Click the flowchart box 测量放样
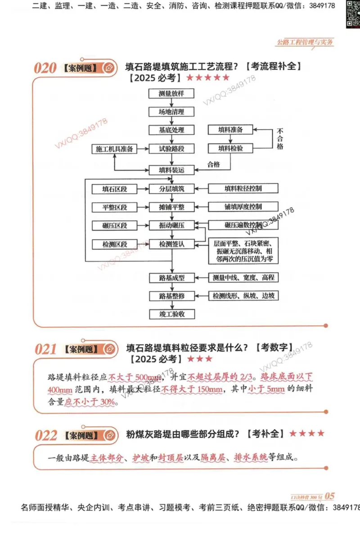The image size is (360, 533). coord(171,94)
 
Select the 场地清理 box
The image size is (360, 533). coord(171,112)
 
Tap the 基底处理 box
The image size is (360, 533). coord(171,130)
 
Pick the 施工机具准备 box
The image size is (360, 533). coord(114,149)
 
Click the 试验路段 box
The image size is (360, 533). coord(171,149)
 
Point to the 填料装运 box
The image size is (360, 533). coord(171,170)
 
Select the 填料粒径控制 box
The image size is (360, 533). coord(243,189)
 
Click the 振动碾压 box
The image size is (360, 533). coord(171,225)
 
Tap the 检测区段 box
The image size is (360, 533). coord(114,244)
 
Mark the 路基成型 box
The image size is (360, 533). coord(171,278)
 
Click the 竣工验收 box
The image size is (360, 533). coord(171,314)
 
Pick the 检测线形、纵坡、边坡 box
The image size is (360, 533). coord(243,296)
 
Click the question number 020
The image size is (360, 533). coord(45,68)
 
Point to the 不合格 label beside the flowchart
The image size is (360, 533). coord(280,139)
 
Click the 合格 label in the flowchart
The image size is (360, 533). coord(213,164)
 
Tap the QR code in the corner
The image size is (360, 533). coord(353,14)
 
